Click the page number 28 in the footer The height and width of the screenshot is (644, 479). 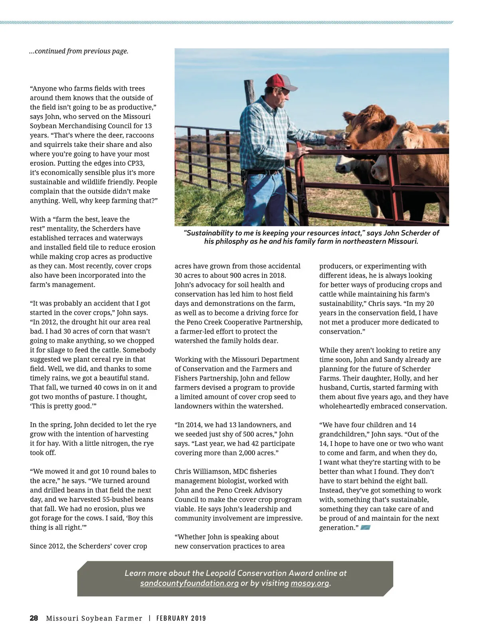[34, 618]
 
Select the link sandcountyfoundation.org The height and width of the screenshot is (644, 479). [189, 583]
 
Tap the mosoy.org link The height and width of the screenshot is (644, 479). [310, 583]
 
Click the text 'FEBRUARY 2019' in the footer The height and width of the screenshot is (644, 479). [181, 618]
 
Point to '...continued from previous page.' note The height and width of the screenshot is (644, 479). [79, 51]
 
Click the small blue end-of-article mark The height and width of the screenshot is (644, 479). [365, 528]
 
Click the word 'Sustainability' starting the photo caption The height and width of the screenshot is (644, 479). [210, 233]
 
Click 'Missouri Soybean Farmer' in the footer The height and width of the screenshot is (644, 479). [94, 618]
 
